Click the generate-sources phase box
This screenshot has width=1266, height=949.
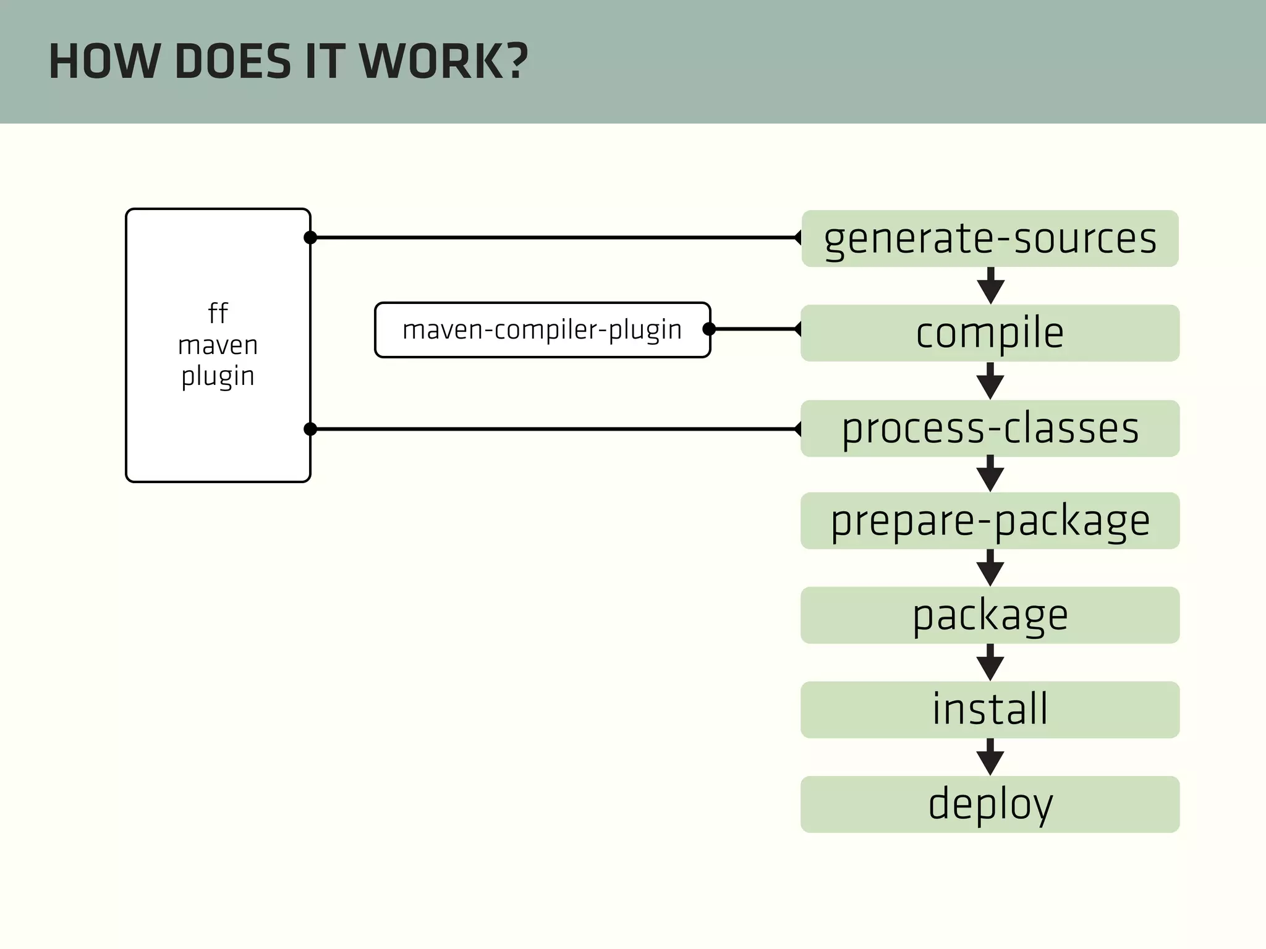[x=990, y=238]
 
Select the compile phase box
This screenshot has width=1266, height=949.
[x=990, y=333]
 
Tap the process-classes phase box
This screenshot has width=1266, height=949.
[x=990, y=428]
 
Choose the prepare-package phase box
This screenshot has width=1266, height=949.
[x=990, y=521]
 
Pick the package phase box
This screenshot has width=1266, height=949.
[x=990, y=615]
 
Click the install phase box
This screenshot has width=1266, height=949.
[x=990, y=709]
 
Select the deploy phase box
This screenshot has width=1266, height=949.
[x=990, y=804]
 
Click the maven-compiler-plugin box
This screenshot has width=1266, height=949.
[x=542, y=330]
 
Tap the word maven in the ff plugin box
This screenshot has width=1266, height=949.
[x=218, y=345]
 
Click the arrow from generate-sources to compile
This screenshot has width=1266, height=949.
[x=990, y=286]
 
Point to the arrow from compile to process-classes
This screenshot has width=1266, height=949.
[x=990, y=381]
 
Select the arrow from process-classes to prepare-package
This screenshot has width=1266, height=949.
[x=990, y=474]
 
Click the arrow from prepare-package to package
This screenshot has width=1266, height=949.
[x=990, y=568]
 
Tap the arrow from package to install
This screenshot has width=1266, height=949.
[x=990, y=663]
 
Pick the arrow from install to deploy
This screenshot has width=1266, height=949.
[x=990, y=757]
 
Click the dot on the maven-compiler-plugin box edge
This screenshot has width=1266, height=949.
[x=710, y=329]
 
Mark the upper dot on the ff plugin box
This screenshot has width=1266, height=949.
[x=310, y=237]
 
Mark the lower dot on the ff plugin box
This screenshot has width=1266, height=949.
[x=310, y=429]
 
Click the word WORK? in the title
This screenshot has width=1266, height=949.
[x=443, y=62]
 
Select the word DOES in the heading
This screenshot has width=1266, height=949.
[x=232, y=62]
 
